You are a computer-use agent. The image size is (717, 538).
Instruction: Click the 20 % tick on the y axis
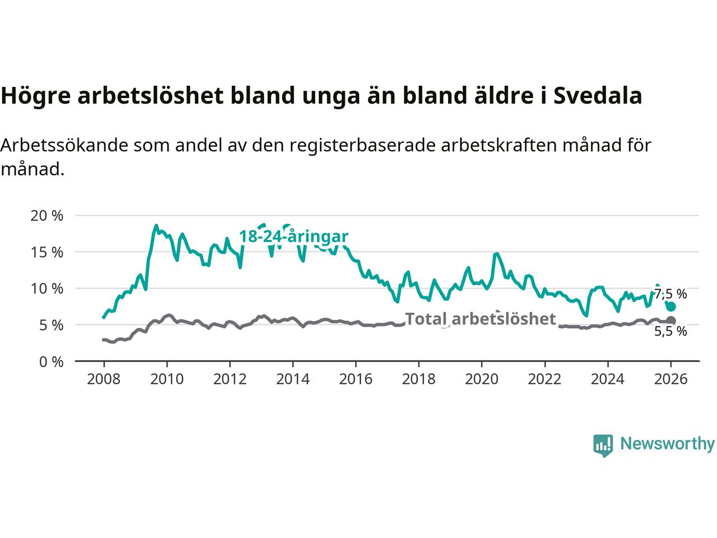(x=46, y=216)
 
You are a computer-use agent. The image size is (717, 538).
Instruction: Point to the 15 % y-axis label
(x=46, y=252)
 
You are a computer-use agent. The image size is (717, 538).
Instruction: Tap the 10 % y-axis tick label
(x=46, y=289)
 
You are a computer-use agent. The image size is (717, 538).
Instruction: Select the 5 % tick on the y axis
(x=50, y=325)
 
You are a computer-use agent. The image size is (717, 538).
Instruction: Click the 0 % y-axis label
(x=50, y=361)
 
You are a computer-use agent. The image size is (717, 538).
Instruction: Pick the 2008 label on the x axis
(x=104, y=379)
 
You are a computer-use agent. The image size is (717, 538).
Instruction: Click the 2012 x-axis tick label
(x=230, y=379)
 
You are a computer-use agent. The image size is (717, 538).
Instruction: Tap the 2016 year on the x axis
(x=356, y=379)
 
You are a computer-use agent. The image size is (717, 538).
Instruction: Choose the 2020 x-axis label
(x=482, y=379)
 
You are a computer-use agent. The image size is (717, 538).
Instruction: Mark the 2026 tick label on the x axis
(x=671, y=379)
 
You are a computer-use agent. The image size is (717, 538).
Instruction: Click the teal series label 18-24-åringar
(x=294, y=236)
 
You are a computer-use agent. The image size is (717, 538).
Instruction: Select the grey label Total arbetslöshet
(x=480, y=319)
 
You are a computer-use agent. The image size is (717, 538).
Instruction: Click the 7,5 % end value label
(x=671, y=294)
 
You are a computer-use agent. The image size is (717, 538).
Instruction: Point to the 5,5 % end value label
(x=671, y=331)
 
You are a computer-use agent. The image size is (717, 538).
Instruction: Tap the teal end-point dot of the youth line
(x=671, y=307)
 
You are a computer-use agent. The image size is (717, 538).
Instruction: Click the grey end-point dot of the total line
(x=671, y=321)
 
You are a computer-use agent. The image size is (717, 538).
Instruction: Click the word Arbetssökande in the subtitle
(x=64, y=146)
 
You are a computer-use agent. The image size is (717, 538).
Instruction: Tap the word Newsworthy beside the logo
(x=667, y=444)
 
